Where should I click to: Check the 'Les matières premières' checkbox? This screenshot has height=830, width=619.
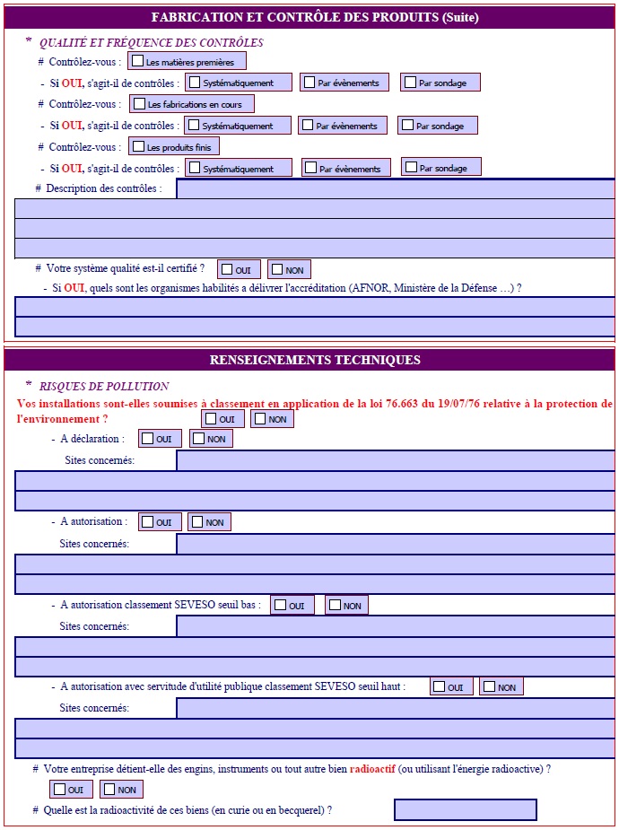[138, 62]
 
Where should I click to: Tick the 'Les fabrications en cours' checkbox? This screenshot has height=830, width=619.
[139, 104]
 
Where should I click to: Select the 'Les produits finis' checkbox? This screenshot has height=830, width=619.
[139, 146]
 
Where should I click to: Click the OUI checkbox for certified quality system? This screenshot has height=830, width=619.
[227, 269]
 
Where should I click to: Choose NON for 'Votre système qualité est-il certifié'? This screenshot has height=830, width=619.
[277, 269]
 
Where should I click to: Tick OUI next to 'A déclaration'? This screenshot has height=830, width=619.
[148, 439]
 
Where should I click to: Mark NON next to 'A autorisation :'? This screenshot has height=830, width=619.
[197, 521]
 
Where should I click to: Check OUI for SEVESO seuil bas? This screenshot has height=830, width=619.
[280, 605]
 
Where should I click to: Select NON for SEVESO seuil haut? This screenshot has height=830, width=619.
[489, 686]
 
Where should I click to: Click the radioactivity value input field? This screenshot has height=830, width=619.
[465, 810]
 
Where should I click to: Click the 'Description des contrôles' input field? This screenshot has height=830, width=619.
[395, 188]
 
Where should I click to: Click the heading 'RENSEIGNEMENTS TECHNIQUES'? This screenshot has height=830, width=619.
[315, 360]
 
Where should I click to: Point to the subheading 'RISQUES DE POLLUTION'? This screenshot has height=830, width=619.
[104, 387]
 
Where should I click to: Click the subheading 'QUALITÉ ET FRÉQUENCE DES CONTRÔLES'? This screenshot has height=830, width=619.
[152, 43]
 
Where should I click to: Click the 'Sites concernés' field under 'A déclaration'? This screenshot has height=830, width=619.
[395, 460]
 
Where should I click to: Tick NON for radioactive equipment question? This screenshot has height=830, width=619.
[109, 790]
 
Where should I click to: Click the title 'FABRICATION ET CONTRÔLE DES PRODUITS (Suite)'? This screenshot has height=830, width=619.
[315, 17]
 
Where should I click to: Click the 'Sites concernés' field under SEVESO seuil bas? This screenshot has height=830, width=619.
[395, 626]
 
